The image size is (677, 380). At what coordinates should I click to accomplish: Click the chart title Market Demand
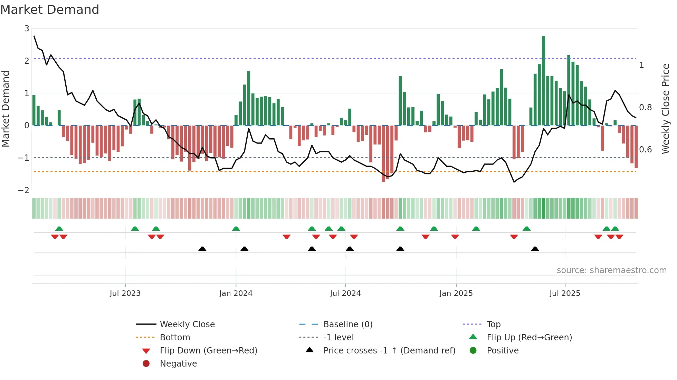(x=50, y=10)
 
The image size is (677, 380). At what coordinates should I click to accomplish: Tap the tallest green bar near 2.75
(x=543, y=81)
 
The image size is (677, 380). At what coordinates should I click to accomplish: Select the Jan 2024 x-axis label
(x=236, y=293)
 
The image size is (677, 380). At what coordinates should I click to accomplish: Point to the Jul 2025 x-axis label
(x=565, y=293)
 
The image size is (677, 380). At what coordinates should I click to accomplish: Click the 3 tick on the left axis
(x=27, y=29)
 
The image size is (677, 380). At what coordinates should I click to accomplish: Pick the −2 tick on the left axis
(x=23, y=190)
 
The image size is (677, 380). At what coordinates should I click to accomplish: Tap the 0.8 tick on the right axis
(x=645, y=108)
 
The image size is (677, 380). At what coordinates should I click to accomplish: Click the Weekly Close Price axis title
(x=665, y=109)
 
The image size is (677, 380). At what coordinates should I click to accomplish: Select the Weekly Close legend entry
(x=187, y=324)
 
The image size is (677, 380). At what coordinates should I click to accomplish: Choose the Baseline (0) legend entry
(x=347, y=324)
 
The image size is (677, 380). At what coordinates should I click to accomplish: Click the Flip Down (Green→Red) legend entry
(x=208, y=351)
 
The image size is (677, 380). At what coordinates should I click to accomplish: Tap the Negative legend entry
(x=178, y=364)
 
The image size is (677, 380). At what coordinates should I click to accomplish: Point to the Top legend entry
(x=493, y=324)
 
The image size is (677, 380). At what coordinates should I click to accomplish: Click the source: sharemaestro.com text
(x=611, y=270)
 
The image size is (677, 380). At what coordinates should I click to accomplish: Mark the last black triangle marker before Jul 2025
(x=535, y=249)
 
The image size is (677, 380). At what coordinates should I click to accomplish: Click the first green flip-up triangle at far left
(x=59, y=229)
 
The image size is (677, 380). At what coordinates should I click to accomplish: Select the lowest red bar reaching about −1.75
(x=383, y=153)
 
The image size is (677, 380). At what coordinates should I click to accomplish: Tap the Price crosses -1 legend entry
(x=389, y=351)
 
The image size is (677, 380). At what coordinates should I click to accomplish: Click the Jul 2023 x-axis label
(x=125, y=293)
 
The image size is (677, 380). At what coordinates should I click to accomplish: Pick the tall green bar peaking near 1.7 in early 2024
(x=249, y=98)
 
